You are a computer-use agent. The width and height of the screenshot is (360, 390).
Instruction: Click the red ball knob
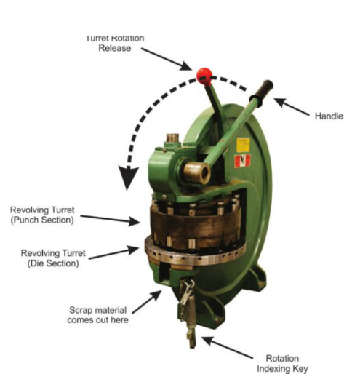[x=204, y=76]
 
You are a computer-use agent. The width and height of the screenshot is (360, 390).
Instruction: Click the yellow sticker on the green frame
[x=243, y=145]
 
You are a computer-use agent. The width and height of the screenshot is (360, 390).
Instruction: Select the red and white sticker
[x=242, y=161]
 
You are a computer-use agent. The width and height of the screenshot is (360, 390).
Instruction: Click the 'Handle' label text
[x=329, y=116]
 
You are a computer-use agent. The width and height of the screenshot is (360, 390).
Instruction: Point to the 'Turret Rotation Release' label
[x=115, y=43]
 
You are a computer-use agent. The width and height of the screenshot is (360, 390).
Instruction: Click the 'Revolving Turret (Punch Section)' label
[x=42, y=215]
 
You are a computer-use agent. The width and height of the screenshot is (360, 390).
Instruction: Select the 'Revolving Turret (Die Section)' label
[x=53, y=258]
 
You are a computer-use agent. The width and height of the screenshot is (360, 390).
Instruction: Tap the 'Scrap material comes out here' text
[x=97, y=315]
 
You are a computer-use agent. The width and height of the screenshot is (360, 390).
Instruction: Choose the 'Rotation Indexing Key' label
[x=282, y=363]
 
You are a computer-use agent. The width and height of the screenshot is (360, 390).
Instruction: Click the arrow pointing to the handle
[x=292, y=107]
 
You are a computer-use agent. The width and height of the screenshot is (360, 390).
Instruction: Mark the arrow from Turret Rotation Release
[x=167, y=59]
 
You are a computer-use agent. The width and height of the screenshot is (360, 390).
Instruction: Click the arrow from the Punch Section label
[x=111, y=219]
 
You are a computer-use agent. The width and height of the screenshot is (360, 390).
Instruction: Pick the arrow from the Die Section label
[x=113, y=252]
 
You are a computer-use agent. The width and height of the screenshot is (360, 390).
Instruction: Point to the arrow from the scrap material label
[x=147, y=301]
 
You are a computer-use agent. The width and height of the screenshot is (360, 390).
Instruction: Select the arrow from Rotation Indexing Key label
[x=227, y=348]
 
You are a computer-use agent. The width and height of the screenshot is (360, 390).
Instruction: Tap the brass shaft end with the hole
[x=197, y=172]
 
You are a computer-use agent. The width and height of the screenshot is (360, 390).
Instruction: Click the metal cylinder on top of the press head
[x=172, y=138]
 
